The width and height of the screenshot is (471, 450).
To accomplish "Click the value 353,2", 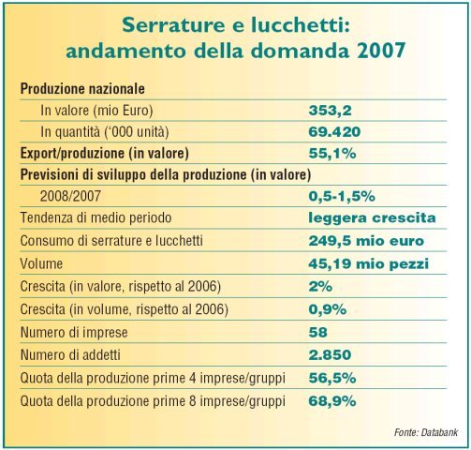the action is coord(330,111).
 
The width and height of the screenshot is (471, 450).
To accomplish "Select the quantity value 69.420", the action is coord(334,132).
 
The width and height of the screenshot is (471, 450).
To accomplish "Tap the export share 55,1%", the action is coord(332,154).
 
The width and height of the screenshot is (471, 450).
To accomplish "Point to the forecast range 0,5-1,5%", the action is coord(342,197).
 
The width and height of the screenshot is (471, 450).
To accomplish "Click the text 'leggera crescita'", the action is coord(372,217).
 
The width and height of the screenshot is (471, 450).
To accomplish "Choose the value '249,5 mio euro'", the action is coord(366,241).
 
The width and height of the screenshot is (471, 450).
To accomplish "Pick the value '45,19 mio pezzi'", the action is coord(369,264).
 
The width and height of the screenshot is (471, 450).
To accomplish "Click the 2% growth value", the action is coord(320,287).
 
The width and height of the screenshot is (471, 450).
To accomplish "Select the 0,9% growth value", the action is coord(328,309).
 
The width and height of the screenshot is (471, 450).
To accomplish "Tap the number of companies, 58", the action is coord(317,332).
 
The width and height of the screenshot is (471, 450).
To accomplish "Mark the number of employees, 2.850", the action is coord(330,355).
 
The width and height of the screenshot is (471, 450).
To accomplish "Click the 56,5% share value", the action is coord(332,379).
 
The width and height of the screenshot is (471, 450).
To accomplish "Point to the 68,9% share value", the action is coord(332,401).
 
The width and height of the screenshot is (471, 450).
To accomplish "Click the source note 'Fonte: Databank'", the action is coord(426,432).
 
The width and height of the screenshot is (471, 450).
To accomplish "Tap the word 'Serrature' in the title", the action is coord(173,25).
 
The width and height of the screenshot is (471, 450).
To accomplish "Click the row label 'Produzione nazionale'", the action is coord(82,89).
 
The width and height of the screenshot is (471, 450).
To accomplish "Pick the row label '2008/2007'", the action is coord(70,196).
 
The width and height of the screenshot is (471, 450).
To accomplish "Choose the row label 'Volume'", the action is coord(41,264).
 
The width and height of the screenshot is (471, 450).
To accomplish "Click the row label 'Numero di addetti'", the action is coord(70,355).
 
